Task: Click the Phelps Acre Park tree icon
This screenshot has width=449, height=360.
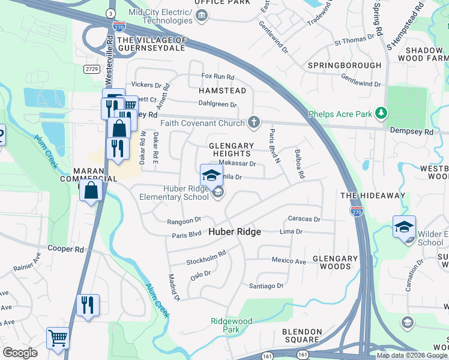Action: [x=380, y=113]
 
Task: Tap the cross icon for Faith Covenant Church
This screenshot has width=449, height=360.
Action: [x=254, y=123]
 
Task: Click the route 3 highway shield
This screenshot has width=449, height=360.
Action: [x=110, y=13]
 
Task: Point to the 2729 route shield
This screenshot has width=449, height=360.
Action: [x=92, y=69]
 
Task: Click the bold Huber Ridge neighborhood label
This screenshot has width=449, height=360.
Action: [x=235, y=232]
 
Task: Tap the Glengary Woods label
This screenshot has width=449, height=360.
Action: [x=335, y=262]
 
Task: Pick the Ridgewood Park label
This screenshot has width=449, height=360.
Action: [x=232, y=325]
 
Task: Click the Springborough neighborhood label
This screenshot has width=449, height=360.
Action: [x=345, y=65]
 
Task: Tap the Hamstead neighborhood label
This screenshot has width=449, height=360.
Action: [x=223, y=91]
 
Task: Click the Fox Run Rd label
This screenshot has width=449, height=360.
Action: [x=217, y=76]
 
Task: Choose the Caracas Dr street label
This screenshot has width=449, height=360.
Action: [x=304, y=220]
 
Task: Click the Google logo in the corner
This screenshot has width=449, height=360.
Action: [x=20, y=353]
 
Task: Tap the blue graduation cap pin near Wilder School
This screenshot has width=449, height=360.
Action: [x=405, y=227]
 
